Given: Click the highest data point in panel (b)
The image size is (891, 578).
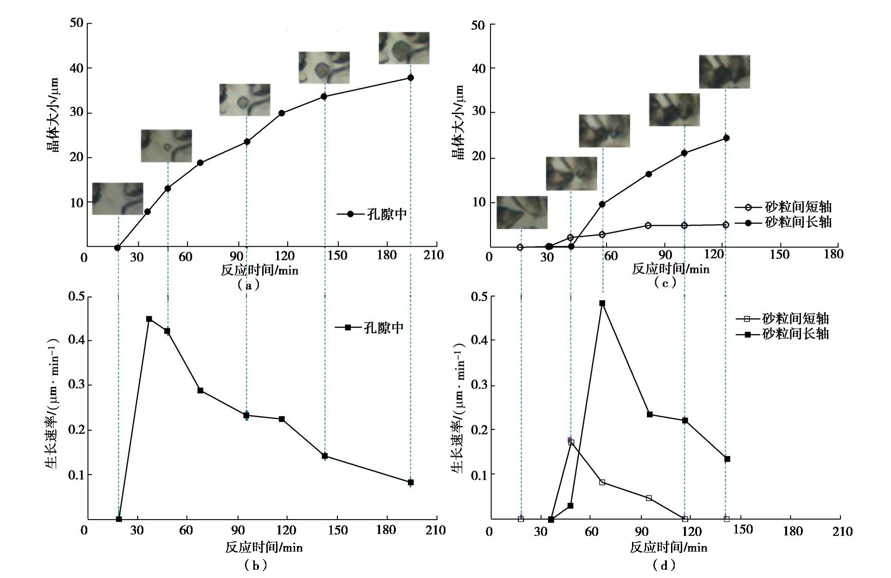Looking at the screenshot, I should [x=149, y=319].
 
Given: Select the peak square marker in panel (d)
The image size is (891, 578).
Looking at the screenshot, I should [x=602, y=303].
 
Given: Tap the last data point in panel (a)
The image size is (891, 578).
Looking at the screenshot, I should [x=410, y=78].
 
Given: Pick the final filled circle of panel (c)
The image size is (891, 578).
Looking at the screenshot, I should [x=726, y=138].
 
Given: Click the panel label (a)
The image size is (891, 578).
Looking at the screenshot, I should [x=248, y=285].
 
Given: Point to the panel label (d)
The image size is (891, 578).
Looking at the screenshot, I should [x=664, y=565].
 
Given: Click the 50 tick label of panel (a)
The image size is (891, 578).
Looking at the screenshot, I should [x=76, y=23].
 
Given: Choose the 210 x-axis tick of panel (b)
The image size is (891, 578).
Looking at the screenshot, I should [x=435, y=530].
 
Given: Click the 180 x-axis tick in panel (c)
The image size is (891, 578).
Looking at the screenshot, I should [x=833, y=254].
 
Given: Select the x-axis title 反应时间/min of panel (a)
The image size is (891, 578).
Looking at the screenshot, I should [x=259, y=270].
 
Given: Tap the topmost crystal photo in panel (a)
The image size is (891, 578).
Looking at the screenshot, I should [x=404, y=48].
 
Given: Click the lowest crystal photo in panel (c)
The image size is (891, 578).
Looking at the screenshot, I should [x=522, y=212].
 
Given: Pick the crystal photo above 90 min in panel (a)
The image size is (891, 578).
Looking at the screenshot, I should [x=245, y=100].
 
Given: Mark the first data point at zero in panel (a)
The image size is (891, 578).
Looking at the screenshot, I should [x=117, y=248].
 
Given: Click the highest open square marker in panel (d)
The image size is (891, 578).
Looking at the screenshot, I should [x=571, y=443].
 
